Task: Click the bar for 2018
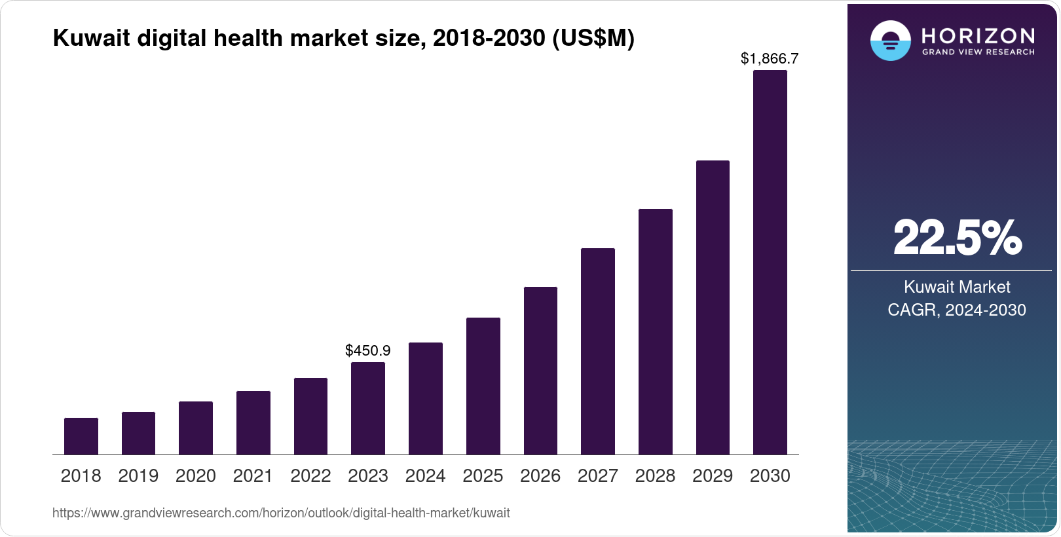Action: coord(81,436)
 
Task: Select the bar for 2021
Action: coord(253,423)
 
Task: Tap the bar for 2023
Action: coord(368,409)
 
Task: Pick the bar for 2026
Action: coord(540,371)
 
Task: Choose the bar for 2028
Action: coord(655,332)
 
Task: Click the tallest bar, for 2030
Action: coord(770,262)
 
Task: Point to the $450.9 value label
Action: coord(368,350)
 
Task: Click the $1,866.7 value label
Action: coord(770,58)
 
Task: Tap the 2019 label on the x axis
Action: coord(138,476)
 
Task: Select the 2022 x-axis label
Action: coord(310,476)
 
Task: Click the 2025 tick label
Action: coord(483,476)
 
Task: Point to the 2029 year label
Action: coord(713,476)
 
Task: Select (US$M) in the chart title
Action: coord(593,38)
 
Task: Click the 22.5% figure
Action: coord(957,238)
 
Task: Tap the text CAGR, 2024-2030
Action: coord(956,310)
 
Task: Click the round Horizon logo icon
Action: coord(890,41)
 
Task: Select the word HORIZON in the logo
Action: coord(978,35)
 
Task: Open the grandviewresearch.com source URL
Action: coord(281,513)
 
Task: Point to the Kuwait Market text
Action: coord(957,287)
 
